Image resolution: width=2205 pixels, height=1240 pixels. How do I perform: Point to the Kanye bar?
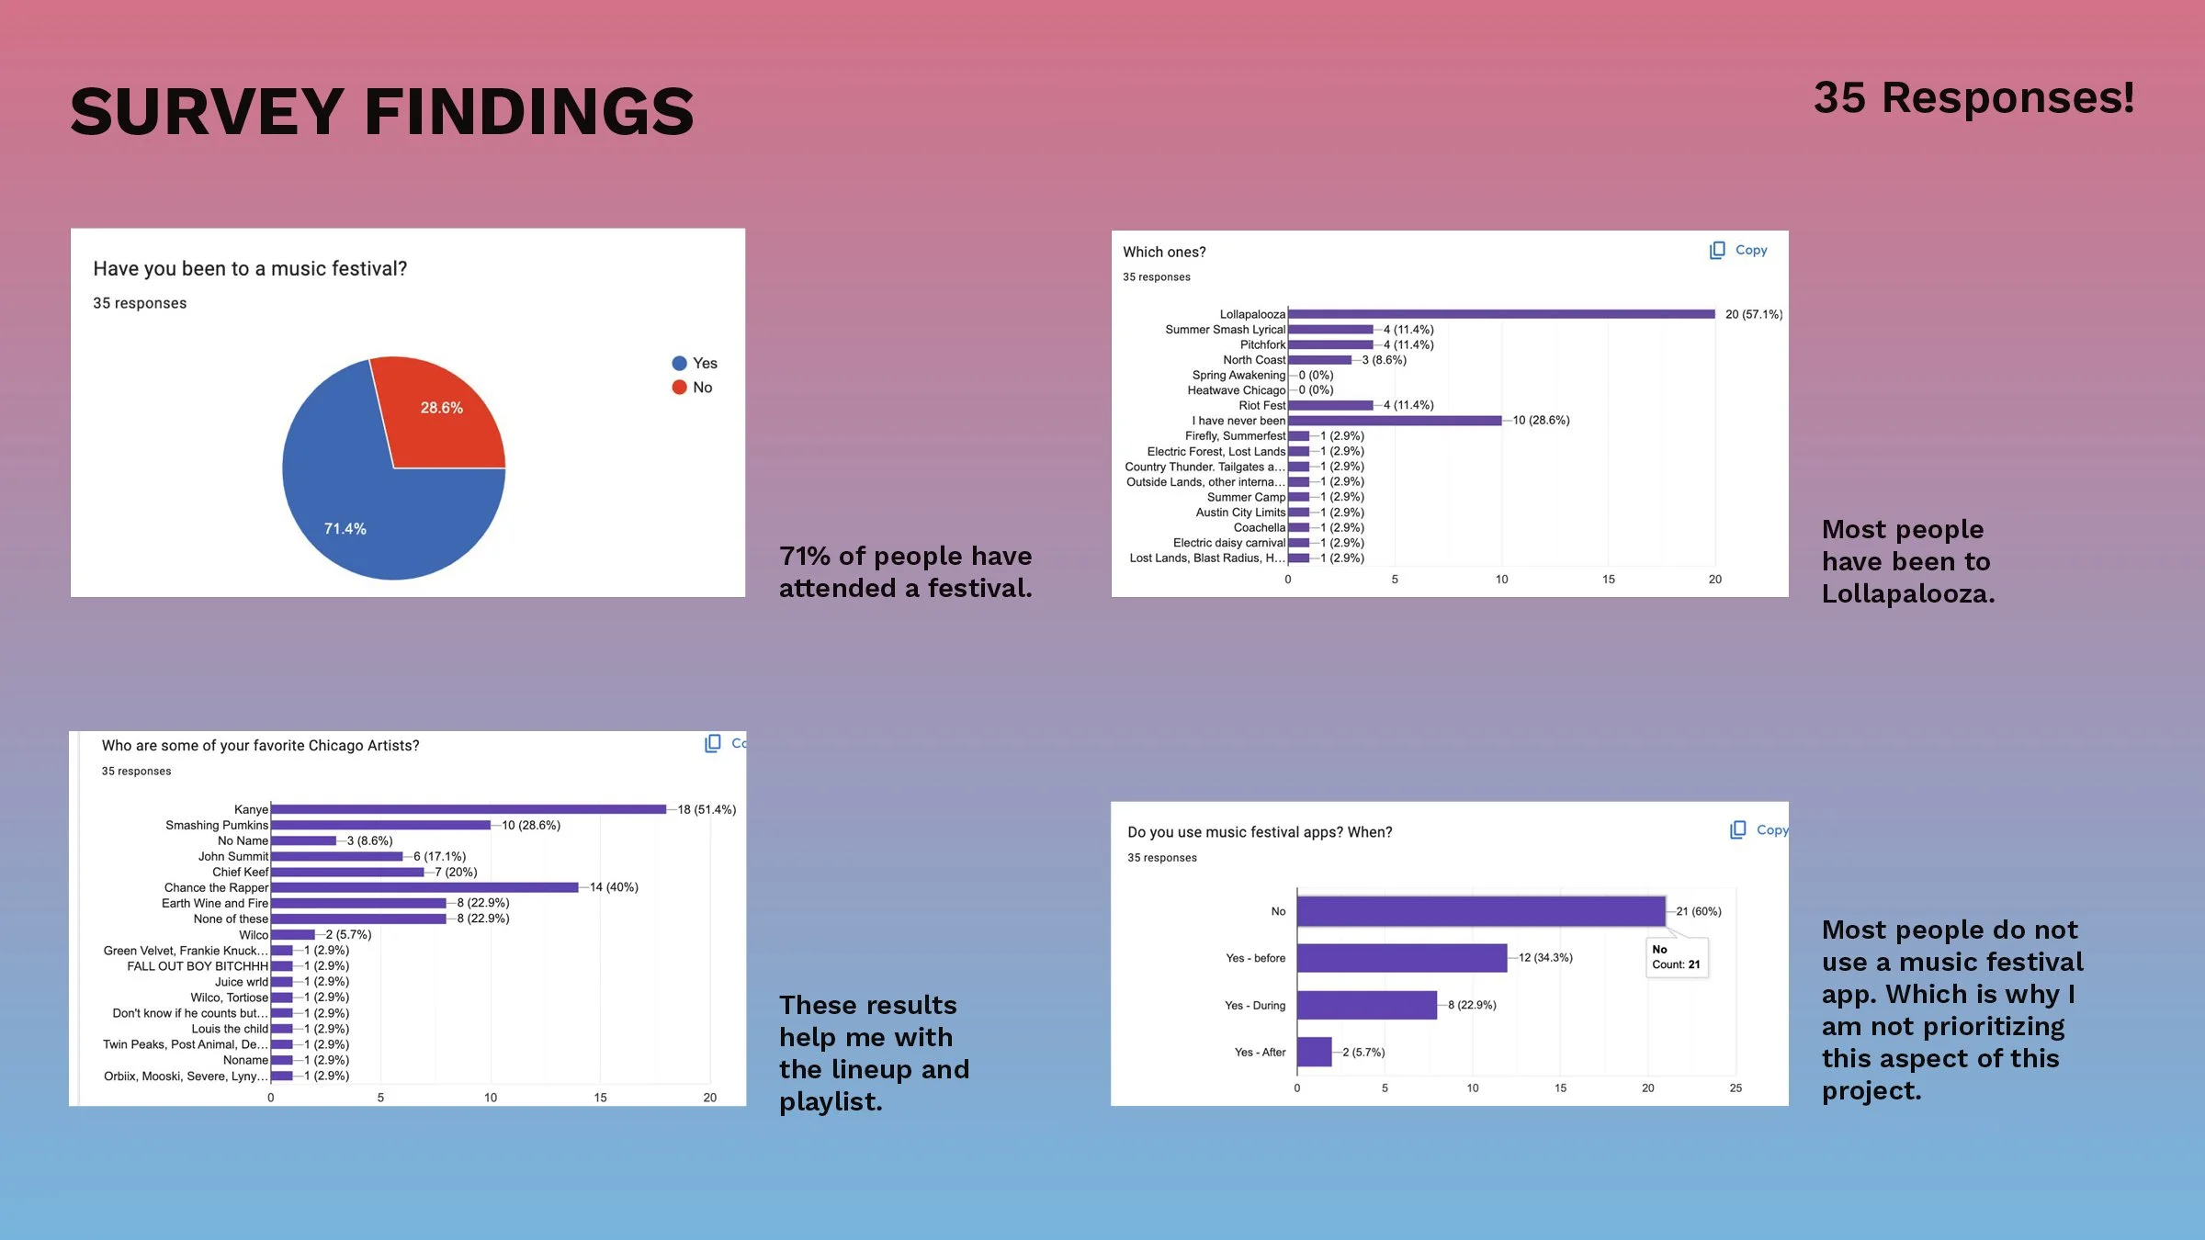pyautogui.click(x=469, y=809)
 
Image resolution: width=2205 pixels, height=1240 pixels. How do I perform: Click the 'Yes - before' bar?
pyautogui.click(x=1401, y=958)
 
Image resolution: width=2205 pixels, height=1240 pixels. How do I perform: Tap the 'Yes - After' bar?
pyautogui.click(x=1314, y=1052)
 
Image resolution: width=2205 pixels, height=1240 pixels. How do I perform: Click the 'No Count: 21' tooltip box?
pyautogui.click(x=1676, y=957)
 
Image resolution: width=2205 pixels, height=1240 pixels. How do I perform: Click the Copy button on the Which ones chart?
pyautogui.click(x=1738, y=250)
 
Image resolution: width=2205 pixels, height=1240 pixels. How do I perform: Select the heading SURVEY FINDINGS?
pyautogui.click(x=381, y=112)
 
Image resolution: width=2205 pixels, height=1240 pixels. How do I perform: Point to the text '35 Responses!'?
pyautogui.click(x=1973, y=97)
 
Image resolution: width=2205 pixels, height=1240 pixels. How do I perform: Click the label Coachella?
pyautogui.click(x=1259, y=528)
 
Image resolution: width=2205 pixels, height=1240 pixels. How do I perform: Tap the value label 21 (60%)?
pyautogui.click(x=1698, y=911)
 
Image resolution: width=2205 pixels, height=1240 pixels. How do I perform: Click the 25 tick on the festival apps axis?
pyautogui.click(x=1735, y=1088)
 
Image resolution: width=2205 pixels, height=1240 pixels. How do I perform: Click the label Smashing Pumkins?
pyautogui.click(x=217, y=825)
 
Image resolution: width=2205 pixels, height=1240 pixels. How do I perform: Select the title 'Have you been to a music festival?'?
pyautogui.click(x=250, y=268)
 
